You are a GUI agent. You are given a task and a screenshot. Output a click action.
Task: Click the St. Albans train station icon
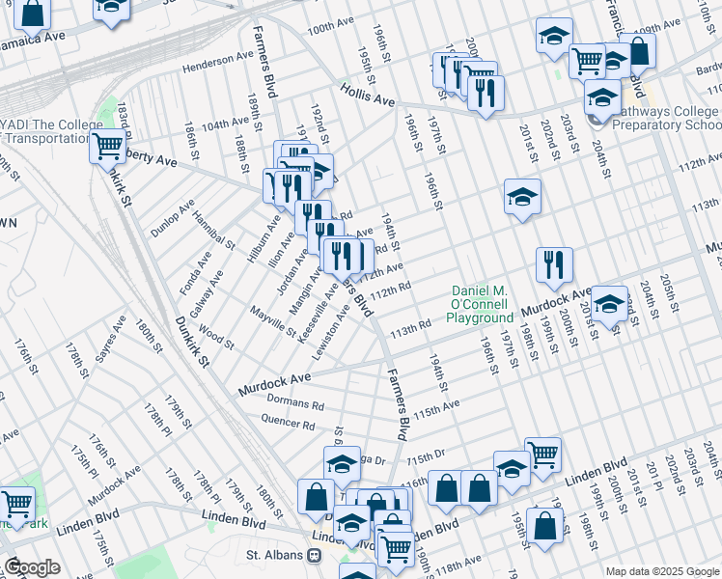click(x=314, y=556)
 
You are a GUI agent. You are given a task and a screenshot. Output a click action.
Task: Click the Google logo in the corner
click(x=32, y=567)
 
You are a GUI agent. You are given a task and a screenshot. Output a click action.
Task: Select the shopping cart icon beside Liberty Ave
click(x=107, y=148)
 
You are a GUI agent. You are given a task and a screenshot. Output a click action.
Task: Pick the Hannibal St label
click(x=213, y=229)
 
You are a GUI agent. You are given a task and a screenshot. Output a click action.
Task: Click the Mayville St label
click(x=272, y=322)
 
